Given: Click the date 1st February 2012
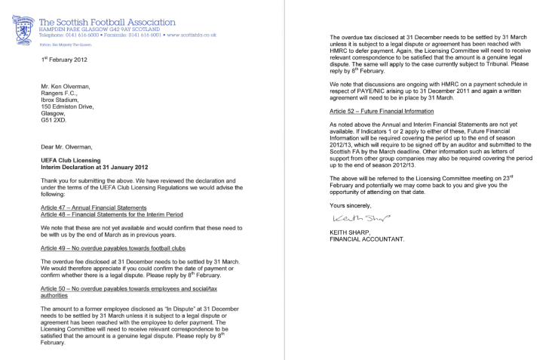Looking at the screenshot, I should pos(66,57).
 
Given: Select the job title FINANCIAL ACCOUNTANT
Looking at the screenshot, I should pos(373,239).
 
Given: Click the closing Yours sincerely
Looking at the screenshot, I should pos(351,205).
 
